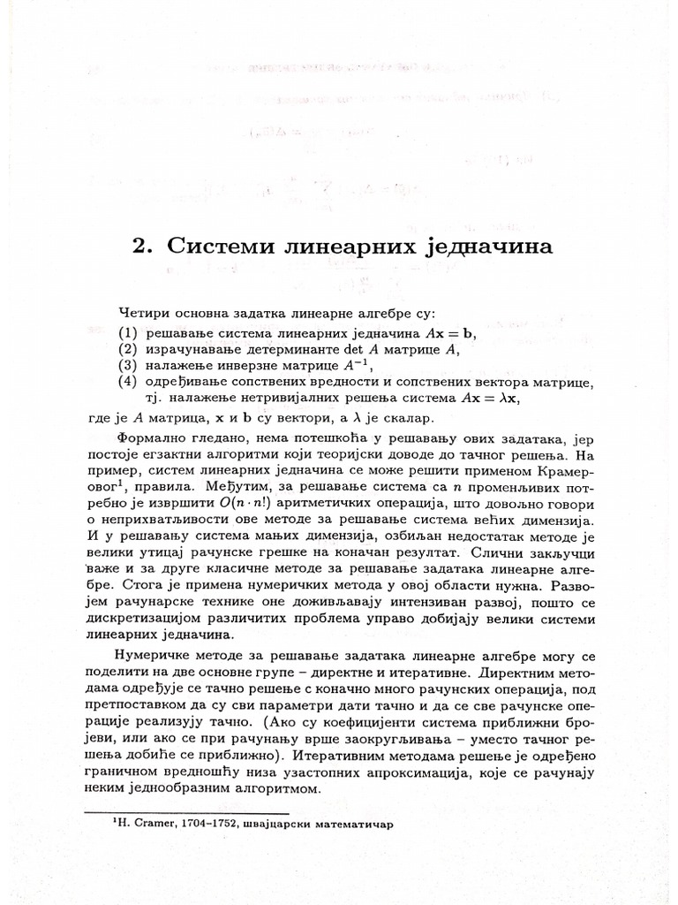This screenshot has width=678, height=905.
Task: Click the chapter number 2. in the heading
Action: [142, 247]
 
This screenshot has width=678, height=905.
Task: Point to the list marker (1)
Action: [128, 332]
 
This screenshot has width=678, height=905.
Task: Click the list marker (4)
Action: [128, 382]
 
